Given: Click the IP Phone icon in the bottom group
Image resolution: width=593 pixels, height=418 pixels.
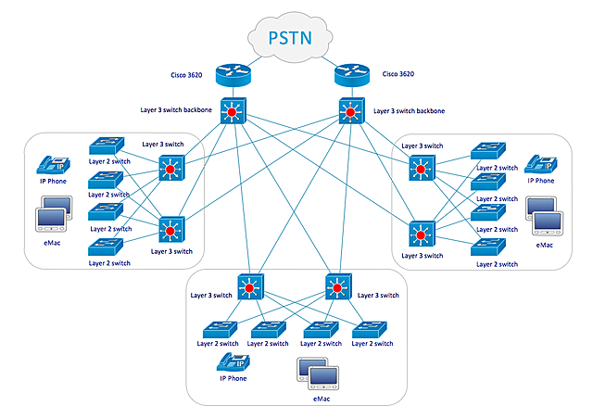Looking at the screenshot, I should pyautogui.click(x=231, y=363).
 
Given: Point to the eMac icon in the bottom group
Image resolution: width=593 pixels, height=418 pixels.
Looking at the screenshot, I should pyautogui.click(x=315, y=374).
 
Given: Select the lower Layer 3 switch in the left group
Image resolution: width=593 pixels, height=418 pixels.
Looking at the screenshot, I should pyautogui.click(x=171, y=228).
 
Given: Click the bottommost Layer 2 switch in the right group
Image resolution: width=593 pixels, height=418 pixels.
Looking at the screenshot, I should pyautogui.click(x=487, y=247).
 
